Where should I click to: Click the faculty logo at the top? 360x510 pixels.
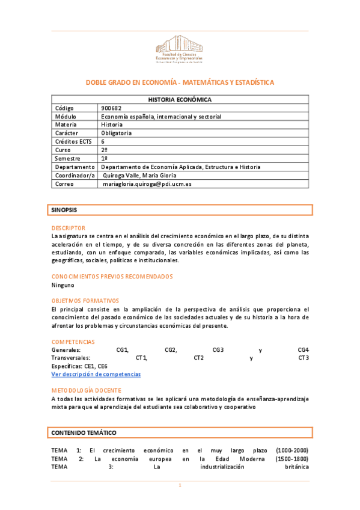click(180, 49)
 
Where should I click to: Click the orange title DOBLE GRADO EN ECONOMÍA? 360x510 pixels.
click(180, 82)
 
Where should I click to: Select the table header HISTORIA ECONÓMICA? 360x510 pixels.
click(180, 99)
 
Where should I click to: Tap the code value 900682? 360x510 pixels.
click(111, 108)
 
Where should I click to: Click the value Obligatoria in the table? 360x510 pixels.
click(117, 133)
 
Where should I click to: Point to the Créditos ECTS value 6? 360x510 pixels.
click(103, 141)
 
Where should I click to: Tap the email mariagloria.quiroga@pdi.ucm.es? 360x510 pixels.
click(147, 184)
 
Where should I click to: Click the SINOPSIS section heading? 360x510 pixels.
click(64, 210)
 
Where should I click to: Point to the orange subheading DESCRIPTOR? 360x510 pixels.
click(69, 228)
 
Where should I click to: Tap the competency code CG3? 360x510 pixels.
click(218, 349)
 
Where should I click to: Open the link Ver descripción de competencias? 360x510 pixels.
click(96, 374)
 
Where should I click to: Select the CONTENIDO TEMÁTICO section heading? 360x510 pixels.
click(84, 433)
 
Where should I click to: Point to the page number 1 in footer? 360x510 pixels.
click(180, 485)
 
